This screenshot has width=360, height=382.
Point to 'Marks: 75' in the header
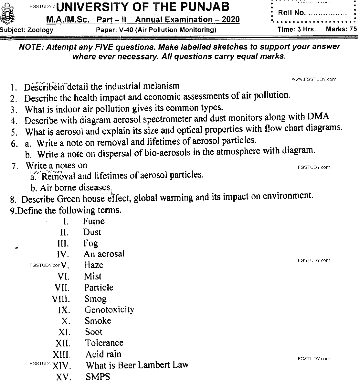click(341, 29)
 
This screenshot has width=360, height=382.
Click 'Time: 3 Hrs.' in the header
click(297, 29)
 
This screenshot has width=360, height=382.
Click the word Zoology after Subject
click(40, 30)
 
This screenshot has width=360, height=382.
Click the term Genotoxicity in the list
click(109, 310)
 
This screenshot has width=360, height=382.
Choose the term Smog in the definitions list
click(95, 299)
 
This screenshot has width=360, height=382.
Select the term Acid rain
click(103, 354)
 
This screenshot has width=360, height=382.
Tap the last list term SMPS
click(98, 377)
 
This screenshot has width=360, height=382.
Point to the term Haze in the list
click(93, 265)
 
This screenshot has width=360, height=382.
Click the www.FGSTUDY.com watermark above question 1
click(313, 79)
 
